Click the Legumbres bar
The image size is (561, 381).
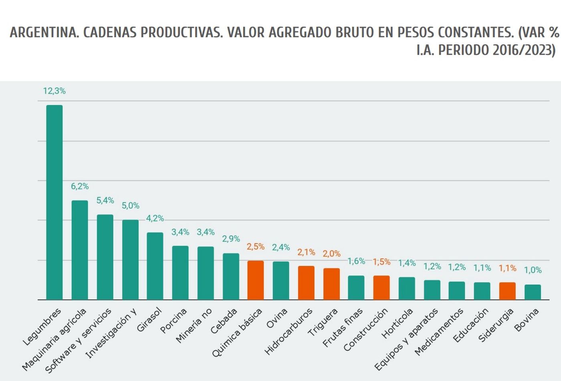(x=54, y=202)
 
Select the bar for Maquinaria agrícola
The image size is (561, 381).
(x=80, y=250)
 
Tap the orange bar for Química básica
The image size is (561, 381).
(x=256, y=280)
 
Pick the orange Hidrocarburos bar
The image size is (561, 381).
(x=306, y=283)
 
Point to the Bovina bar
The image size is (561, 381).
(x=533, y=292)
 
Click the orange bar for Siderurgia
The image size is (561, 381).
(x=507, y=291)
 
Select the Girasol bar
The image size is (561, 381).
(x=155, y=266)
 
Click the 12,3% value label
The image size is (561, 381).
(x=54, y=91)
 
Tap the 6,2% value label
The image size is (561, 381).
(x=80, y=186)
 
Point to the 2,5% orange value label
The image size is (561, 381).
(x=256, y=247)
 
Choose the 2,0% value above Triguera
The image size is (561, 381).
(x=331, y=254)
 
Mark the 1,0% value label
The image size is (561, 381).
(x=533, y=271)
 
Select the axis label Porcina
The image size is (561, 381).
(x=174, y=321)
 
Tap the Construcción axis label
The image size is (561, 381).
(x=366, y=329)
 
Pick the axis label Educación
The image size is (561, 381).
(x=471, y=325)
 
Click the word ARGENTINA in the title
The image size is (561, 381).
(x=44, y=33)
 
